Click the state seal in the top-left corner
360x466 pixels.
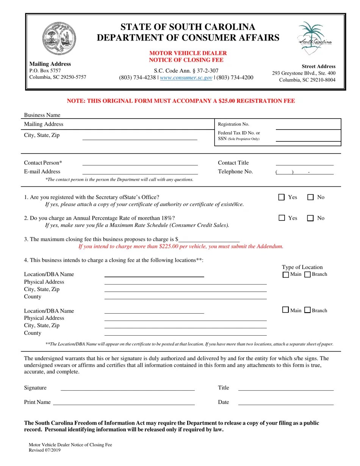coord(59,39)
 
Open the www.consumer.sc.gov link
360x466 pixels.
coord(186,78)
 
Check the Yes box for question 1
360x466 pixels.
coord(282,197)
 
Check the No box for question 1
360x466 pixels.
coord(310,197)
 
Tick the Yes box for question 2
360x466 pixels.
coord(282,218)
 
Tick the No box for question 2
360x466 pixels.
coord(310,218)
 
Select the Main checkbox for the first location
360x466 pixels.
coord(286,275)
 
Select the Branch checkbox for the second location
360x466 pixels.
coord(308,310)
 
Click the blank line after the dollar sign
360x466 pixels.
coord(209,240)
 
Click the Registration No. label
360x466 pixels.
coord(233,124)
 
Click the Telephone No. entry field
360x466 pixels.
coord(304,172)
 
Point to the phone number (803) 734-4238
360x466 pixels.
coord(137,78)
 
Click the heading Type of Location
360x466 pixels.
coord(302,267)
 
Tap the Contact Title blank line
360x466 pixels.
coord(304,163)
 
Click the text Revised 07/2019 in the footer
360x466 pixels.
coord(44,450)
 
